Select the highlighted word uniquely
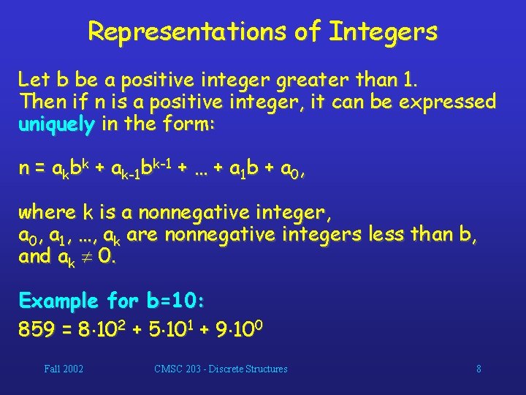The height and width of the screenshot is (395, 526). click(x=56, y=124)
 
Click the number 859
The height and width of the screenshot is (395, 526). click(x=37, y=330)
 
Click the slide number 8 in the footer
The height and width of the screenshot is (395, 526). click(x=479, y=369)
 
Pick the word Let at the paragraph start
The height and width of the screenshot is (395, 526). click(x=33, y=78)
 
